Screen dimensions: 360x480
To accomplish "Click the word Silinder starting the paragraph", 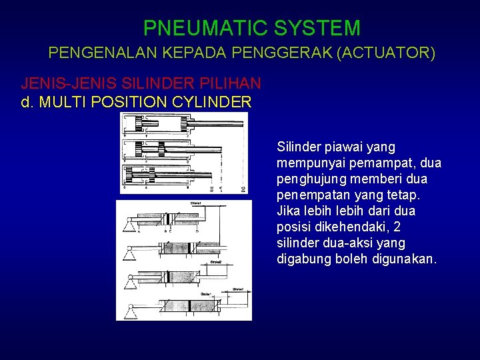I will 299,147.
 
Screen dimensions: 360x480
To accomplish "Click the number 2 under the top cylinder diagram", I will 243,189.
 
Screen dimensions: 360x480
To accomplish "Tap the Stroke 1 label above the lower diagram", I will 196,203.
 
